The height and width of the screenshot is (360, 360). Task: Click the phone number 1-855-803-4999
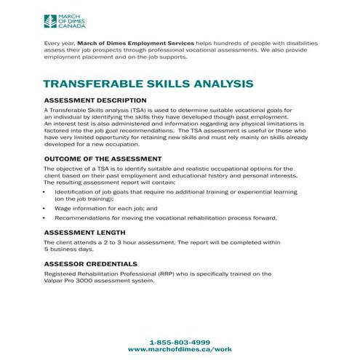click(x=180, y=342)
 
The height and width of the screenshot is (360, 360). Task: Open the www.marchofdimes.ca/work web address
click(x=180, y=350)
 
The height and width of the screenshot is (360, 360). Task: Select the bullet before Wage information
click(x=45, y=208)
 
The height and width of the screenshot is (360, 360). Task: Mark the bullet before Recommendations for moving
click(x=45, y=218)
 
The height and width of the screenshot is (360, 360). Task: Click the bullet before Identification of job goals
click(x=45, y=191)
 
